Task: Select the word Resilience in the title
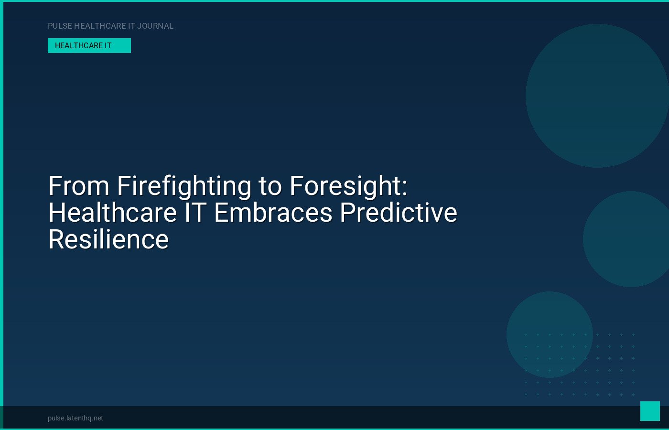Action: pos(108,239)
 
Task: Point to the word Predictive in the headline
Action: pos(399,213)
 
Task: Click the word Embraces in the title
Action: pos(273,213)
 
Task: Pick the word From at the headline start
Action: pos(79,186)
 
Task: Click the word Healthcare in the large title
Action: pos(113,213)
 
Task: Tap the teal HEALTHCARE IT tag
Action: pos(89,46)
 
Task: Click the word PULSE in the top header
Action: pos(60,26)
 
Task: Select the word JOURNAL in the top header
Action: pos(155,26)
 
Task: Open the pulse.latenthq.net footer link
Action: pos(76,418)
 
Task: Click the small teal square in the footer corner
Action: pos(650,411)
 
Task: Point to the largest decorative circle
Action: pos(597,96)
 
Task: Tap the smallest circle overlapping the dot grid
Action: pos(550,334)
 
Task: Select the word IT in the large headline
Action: pos(196,213)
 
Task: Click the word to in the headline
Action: pos(270,187)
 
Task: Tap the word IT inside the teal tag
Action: pos(108,46)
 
